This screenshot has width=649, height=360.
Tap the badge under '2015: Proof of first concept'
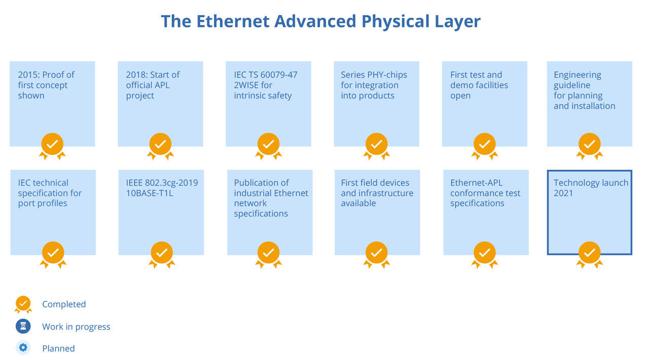[x=52, y=145]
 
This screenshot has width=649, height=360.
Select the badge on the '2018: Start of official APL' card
[x=160, y=145]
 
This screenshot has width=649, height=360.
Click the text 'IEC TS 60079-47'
[x=266, y=75]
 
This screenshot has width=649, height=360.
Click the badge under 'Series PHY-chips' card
[x=376, y=145]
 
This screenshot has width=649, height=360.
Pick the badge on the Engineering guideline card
[x=589, y=145]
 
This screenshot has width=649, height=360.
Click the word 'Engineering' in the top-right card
[x=578, y=75]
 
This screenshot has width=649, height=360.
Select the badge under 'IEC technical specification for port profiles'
[x=53, y=253]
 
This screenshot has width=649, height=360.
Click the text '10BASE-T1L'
[x=150, y=193]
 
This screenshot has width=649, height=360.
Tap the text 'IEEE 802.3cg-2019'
[x=162, y=183]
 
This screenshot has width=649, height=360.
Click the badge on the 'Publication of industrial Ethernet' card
[x=268, y=253]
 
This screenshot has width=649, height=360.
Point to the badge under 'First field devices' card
[x=376, y=253]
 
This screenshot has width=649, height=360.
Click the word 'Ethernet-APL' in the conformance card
[x=477, y=183]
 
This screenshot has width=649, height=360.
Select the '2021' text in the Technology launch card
[x=563, y=193]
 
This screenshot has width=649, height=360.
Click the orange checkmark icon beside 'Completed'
[x=23, y=303]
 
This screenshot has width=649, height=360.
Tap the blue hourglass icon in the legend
[x=23, y=327]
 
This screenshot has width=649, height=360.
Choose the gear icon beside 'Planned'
[x=23, y=348]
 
